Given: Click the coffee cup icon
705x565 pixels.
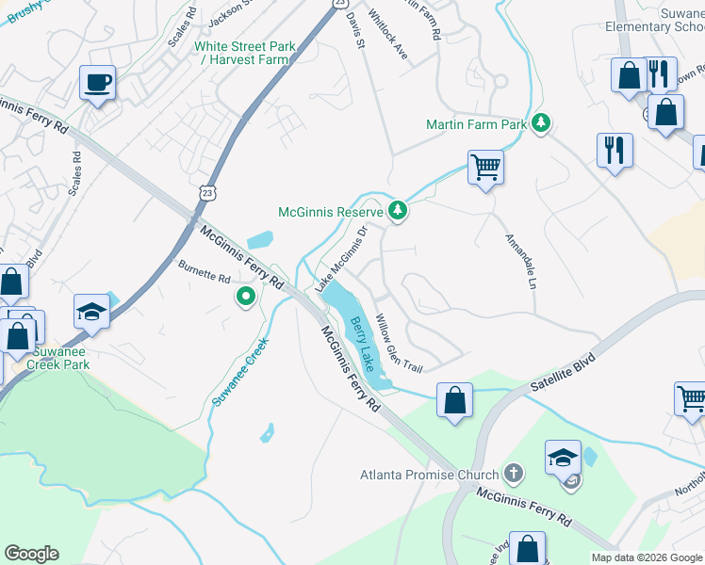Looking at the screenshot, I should pos(97,82).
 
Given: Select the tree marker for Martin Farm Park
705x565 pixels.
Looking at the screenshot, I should pos(540,123).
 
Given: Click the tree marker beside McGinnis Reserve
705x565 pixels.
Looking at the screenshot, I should pos(398,210).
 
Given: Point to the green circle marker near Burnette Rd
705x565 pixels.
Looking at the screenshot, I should pos(245,298).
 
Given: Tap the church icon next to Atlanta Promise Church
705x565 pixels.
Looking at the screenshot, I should pos(513,472).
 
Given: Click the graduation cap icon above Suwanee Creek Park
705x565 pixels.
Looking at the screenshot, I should pos(91,311).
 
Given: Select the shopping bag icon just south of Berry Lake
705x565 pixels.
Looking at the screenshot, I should pos(455,398).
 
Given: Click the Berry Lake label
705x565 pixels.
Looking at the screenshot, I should pos(363,345).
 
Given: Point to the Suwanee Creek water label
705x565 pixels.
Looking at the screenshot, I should pos(240,373).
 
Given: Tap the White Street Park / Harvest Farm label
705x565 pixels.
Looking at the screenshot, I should pos(244,53).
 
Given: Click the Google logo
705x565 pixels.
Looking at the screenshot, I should pos(32,554).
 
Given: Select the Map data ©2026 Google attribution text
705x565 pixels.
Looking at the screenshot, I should pos(646,557).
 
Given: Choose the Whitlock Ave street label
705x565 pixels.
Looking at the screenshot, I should pos(388,35).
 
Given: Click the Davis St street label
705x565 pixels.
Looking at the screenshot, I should pos(354,28).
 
